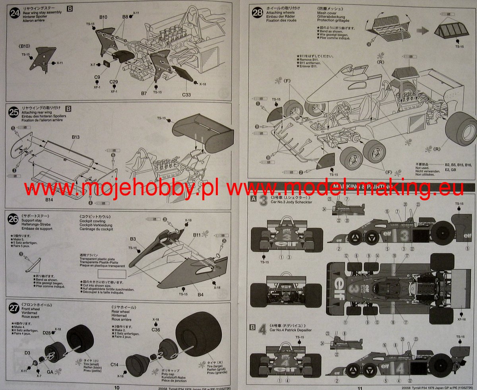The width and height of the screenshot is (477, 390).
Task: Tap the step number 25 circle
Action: click(14, 113)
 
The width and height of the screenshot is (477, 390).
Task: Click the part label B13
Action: click(76, 137)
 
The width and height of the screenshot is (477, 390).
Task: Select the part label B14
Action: click(49, 199)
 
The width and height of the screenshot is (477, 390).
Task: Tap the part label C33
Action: click(186, 95)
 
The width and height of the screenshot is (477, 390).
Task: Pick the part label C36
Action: click(155, 330)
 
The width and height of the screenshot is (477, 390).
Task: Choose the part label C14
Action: click(115, 365)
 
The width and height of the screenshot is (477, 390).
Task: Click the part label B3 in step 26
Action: click(133, 239)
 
